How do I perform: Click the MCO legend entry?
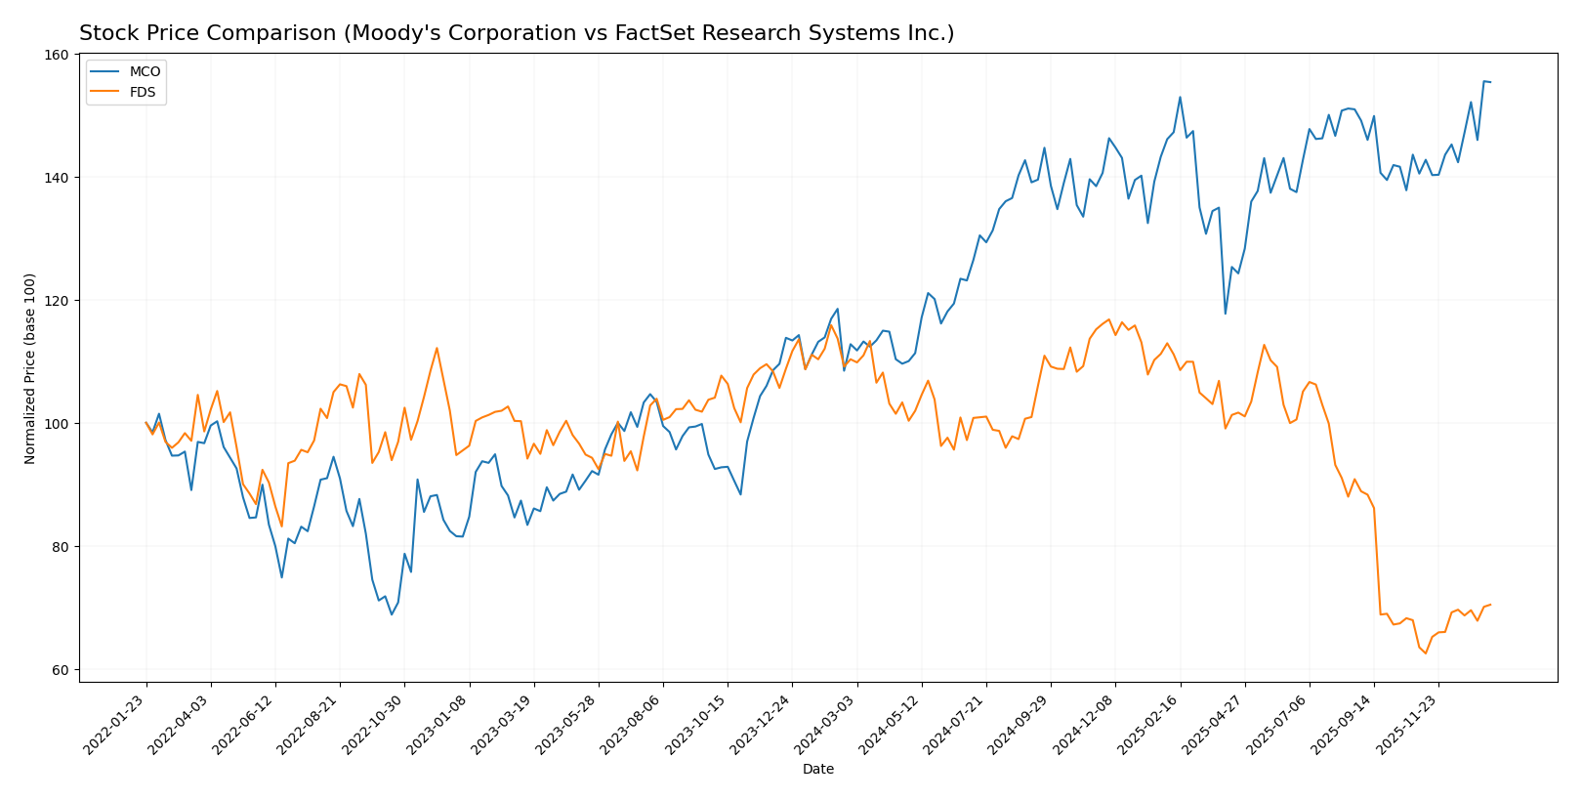click(x=145, y=72)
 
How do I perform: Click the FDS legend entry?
click(x=143, y=92)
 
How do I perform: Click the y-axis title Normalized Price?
click(x=30, y=368)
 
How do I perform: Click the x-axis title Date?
click(x=818, y=770)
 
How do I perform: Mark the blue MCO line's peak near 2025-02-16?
click(x=1180, y=97)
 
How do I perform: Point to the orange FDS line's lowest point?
click(x=1425, y=653)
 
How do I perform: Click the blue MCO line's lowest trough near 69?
click(x=392, y=614)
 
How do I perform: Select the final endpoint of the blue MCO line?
click(x=1490, y=82)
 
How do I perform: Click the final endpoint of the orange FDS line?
click(x=1490, y=605)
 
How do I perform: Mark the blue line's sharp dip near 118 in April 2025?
click(x=1225, y=314)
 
